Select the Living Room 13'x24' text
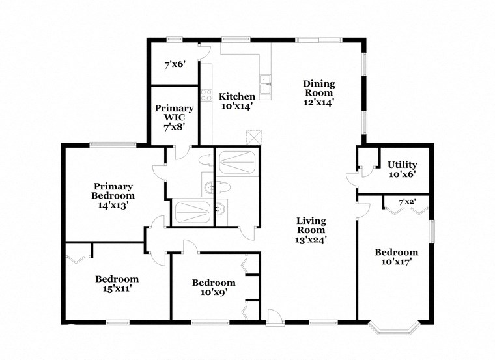(311, 230)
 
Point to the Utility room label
(402, 165)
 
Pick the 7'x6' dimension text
(175, 64)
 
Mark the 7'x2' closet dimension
(407, 202)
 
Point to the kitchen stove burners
(206, 95)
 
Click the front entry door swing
(275, 317)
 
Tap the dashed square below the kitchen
(253, 137)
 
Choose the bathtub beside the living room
(238, 161)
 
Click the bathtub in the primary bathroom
(192, 212)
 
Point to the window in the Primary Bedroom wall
(108, 145)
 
